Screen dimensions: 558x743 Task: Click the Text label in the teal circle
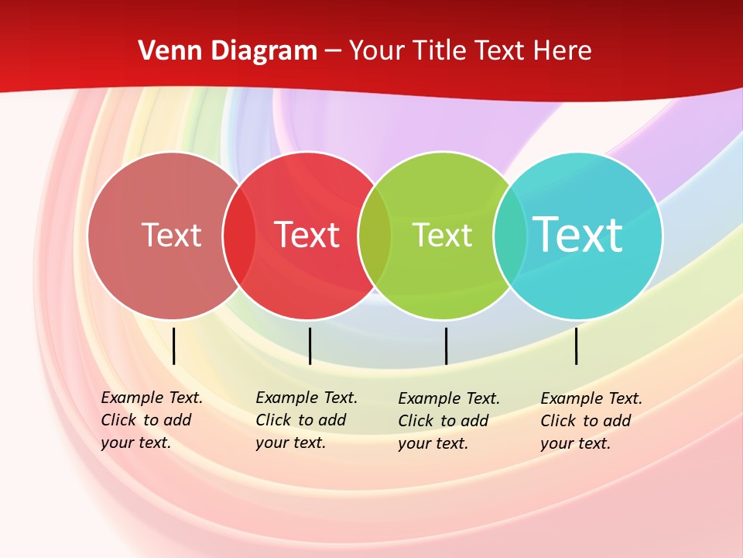click(x=578, y=234)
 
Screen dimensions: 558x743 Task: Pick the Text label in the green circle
click(x=442, y=235)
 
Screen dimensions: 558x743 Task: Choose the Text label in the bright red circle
click(x=307, y=235)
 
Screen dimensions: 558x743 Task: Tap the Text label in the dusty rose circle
click(x=171, y=235)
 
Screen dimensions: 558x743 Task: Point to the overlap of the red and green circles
click(x=375, y=236)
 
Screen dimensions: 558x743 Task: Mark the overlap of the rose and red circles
click(x=239, y=236)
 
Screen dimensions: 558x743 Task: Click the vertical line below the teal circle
click(x=577, y=346)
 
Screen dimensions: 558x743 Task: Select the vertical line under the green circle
click(x=447, y=346)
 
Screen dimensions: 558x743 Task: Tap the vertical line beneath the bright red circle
click(x=310, y=346)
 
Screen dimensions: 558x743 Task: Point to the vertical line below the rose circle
click(x=174, y=346)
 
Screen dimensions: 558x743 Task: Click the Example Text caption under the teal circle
click(x=591, y=399)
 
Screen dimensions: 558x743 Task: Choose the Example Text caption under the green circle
click(x=449, y=399)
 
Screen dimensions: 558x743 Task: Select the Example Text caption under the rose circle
click(x=152, y=398)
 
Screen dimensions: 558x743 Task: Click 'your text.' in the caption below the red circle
click(x=290, y=443)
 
